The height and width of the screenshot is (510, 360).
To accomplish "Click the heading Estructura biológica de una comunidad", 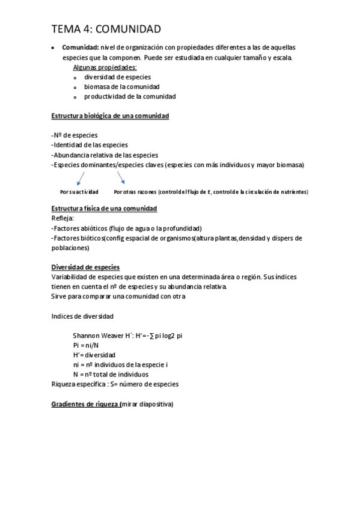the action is point(110,115).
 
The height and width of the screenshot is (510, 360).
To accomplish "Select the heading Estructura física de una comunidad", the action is point(104,208).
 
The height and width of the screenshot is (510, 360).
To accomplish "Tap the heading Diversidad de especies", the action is point(85,267).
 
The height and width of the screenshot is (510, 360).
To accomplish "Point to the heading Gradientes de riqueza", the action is point(85,404).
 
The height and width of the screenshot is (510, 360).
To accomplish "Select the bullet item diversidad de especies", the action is point(117,77).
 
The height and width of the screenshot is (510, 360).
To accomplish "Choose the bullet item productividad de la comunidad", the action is point(130,96).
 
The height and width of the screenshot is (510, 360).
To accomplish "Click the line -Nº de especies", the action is point(75,135).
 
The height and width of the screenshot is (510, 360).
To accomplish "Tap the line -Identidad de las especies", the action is point(90,144).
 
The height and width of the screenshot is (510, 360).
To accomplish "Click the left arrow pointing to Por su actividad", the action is point(79,178).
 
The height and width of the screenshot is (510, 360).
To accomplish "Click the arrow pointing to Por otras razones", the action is point(121,177).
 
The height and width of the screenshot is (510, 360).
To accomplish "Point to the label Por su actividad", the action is point(79,192).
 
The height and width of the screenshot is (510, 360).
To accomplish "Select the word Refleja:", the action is point(63,218).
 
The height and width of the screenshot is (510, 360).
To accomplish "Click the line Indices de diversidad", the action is point(82,316).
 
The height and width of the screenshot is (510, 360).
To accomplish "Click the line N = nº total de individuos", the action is point(110,374).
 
